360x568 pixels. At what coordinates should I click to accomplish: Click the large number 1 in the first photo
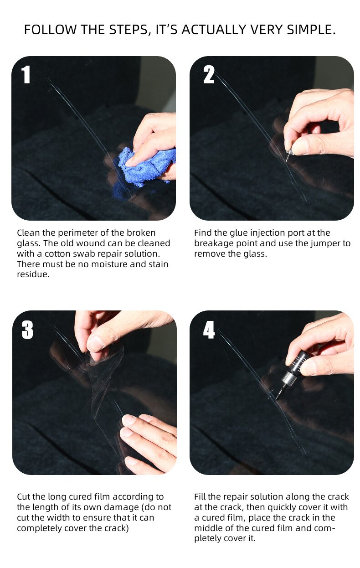point(26,74)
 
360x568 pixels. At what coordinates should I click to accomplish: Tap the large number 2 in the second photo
point(209,74)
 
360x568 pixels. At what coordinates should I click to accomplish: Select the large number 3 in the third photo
point(27,330)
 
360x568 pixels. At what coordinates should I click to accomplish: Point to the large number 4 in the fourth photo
point(209,330)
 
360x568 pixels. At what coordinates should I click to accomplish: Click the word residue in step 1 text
point(33,275)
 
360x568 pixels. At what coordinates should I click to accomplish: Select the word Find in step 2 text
point(202,233)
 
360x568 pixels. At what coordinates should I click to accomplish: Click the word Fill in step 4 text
point(201,497)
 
